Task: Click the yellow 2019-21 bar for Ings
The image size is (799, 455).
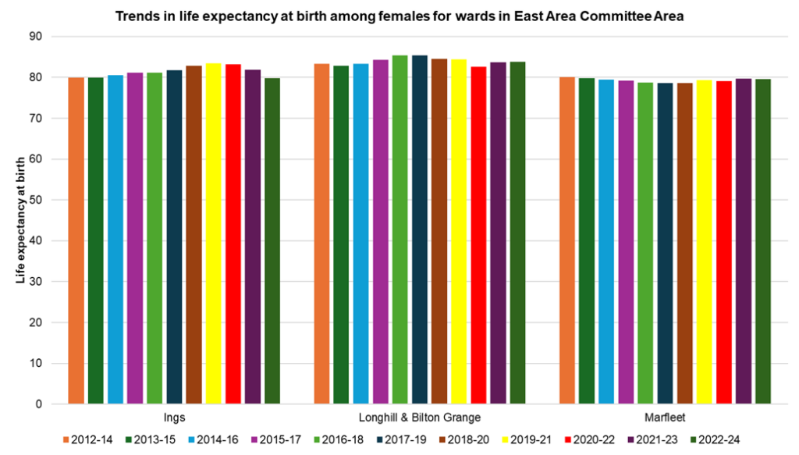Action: coord(213,234)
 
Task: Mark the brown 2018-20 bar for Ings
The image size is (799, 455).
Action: coord(194,235)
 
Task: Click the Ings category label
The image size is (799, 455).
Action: coord(174,418)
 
